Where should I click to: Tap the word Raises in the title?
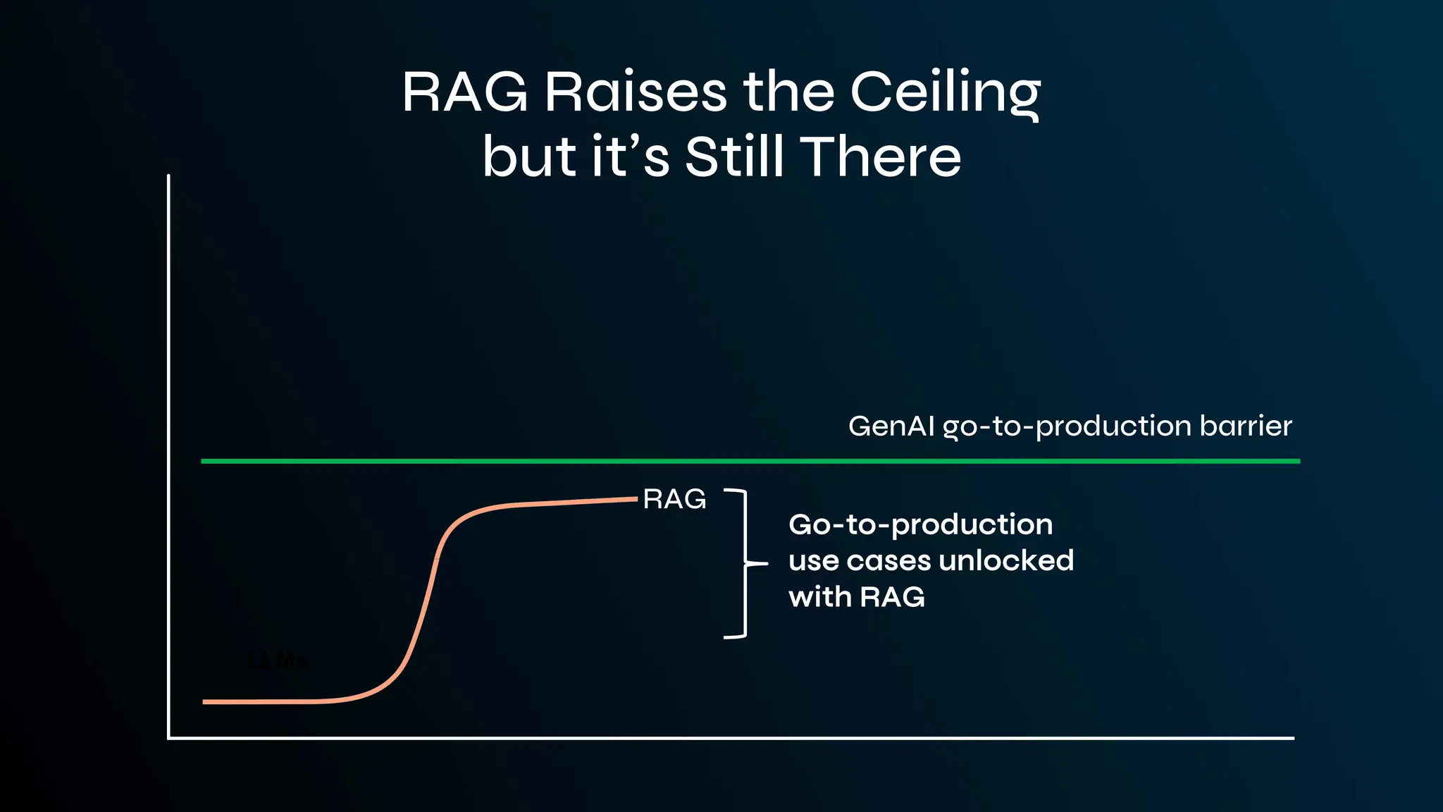click(635, 93)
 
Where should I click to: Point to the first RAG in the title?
click(464, 93)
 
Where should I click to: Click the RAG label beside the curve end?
click(674, 500)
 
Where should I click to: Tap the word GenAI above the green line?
click(891, 426)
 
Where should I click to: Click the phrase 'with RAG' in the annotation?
click(856, 598)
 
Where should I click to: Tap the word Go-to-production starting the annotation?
click(920, 525)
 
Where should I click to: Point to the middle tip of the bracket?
click(765, 564)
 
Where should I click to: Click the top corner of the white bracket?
click(744, 491)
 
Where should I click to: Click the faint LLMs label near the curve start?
click(278, 661)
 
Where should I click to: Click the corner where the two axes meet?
click(169, 738)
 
